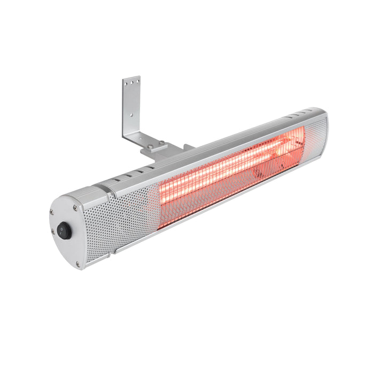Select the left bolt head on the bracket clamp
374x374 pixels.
pos(150,146)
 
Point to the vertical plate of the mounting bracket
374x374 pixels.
pos(131,107)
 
